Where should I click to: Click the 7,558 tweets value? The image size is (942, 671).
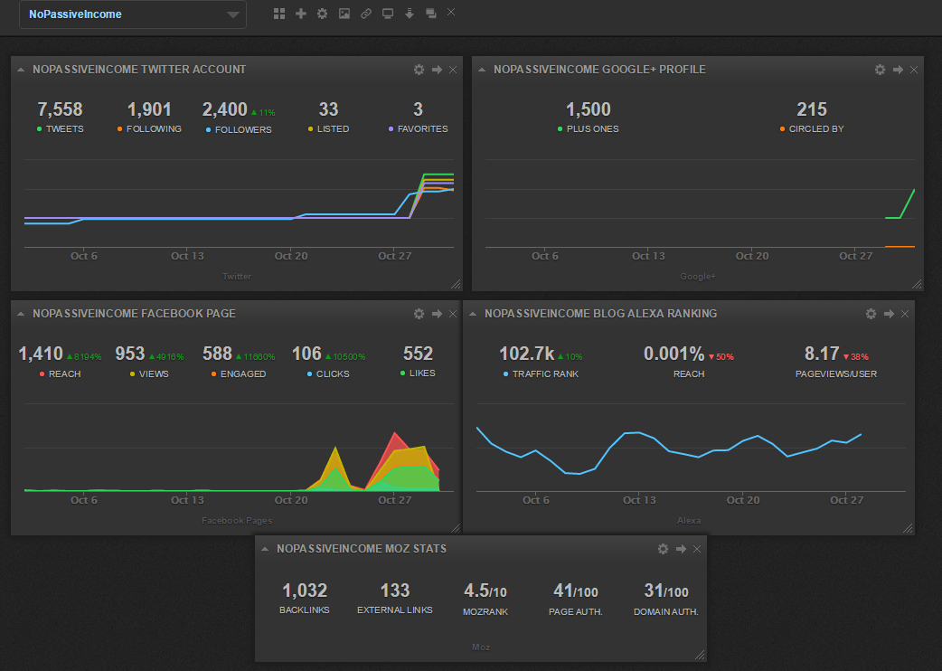point(60,110)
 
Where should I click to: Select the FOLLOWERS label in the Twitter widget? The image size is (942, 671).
point(243,129)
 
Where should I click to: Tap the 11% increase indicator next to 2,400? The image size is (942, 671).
point(263,113)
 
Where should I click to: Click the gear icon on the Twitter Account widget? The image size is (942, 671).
point(419,70)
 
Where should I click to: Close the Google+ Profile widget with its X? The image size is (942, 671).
point(914,70)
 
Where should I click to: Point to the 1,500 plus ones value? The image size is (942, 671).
point(589,110)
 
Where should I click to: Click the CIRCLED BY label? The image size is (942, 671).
point(815,129)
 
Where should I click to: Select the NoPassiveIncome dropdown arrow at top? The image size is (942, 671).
point(233,15)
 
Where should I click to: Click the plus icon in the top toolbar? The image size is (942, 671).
point(301,14)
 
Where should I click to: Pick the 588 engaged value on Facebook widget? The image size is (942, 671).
point(217,354)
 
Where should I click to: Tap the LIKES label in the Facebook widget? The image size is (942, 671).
point(421,373)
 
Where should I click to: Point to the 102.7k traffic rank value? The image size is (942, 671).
point(527,354)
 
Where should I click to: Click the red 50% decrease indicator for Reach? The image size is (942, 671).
point(721,357)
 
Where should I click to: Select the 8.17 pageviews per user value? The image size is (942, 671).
point(822,354)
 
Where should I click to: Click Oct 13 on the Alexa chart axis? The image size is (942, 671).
point(638,500)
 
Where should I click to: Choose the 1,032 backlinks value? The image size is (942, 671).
point(305,591)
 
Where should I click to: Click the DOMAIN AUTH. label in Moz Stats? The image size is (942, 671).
point(666,611)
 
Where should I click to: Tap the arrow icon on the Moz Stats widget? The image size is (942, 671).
point(681,549)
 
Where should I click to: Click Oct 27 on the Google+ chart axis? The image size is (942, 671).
point(855,256)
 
